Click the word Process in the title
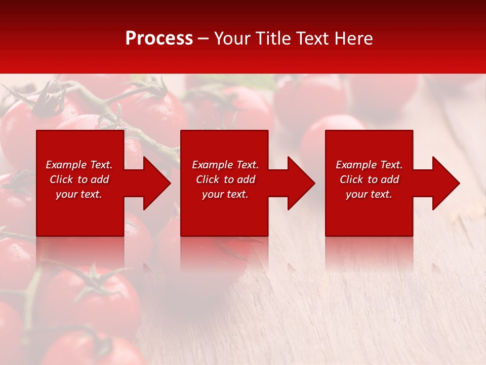tap(159, 39)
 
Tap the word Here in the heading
tap(353, 39)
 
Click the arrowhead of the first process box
tap(156, 183)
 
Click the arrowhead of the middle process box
tap(301, 183)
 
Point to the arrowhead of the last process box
tap(445, 183)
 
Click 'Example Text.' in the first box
tap(79, 165)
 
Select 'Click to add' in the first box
tap(79, 179)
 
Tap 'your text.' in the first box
tap(79, 194)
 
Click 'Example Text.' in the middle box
tap(225, 165)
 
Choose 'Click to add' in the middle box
tap(225, 179)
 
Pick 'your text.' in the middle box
tap(225, 194)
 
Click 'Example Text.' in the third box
tap(369, 165)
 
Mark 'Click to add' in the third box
tap(369, 179)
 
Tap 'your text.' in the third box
tap(369, 194)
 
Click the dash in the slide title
tap(204, 39)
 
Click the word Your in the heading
tap(231, 39)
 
